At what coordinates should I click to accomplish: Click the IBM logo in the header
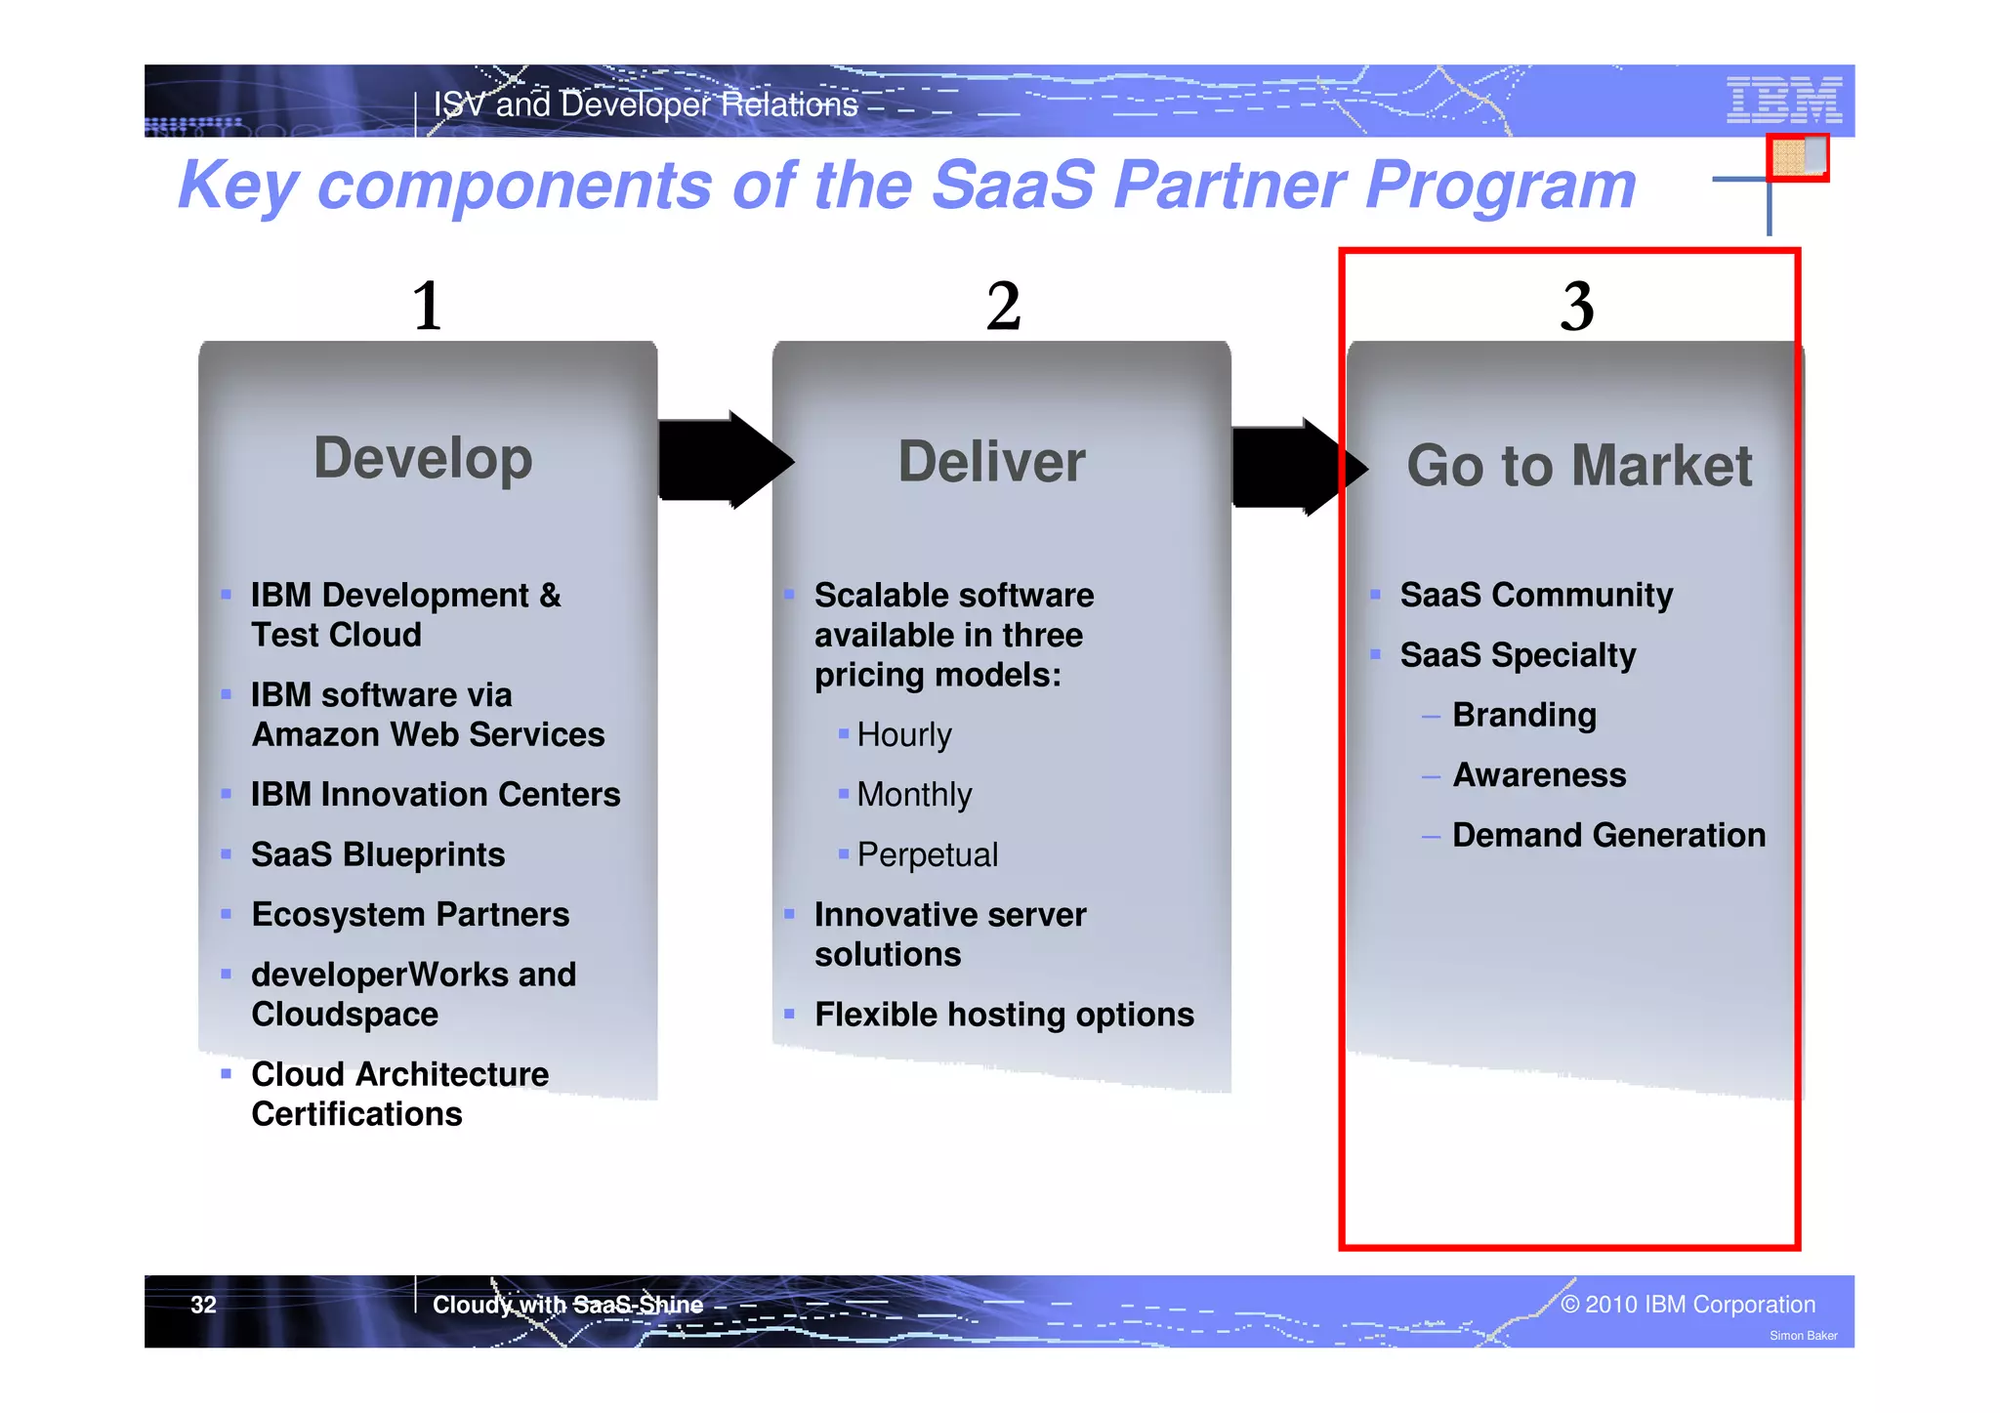click(x=1783, y=100)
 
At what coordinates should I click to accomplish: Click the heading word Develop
click(x=423, y=458)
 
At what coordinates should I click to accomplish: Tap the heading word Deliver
click(x=991, y=462)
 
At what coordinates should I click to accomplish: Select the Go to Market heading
click(x=1579, y=466)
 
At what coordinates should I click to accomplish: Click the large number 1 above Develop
click(x=428, y=306)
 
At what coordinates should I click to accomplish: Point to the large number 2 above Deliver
click(x=1003, y=306)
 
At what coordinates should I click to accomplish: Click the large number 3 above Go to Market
click(x=1577, y=306)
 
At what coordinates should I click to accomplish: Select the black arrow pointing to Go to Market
click(x=1294, y=467)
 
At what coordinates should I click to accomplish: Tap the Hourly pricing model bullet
click(x=903, y=734)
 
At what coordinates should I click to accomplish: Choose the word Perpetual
click(x=927, y=854)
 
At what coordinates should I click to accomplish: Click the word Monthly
click(x=914, y=795)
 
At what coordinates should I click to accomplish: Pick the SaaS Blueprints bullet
click(x=378, y=854)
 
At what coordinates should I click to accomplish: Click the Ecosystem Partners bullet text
click(x=410, y=914)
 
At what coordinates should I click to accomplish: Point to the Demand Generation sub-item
click(x=1608, y=835)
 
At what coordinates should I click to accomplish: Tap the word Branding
click(x=1524, y=715)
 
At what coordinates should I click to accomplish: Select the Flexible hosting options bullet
click(x=1004, y=1015)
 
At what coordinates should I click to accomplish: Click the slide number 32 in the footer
click(x=203, y=1305)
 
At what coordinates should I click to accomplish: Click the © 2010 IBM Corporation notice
click(x=1687, y=1305)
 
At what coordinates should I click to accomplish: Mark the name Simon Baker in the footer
click(x=1803, y=1336)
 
